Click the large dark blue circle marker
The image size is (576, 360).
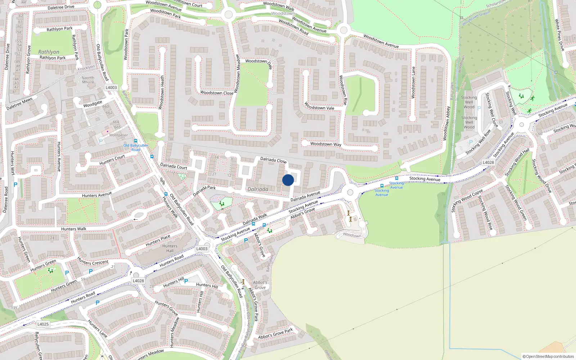[288, 180]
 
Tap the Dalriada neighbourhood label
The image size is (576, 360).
[258, 189]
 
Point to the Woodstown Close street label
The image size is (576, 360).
[217, 93]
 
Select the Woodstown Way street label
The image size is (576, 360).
[325, 144]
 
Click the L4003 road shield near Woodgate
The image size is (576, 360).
[111, 87]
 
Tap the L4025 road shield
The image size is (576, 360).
[43, 324]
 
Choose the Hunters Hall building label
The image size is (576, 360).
[170, 248]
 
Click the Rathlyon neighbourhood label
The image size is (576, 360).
[49, 52]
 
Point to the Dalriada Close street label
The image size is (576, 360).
[273, 160]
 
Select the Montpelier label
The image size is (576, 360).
[118, 135]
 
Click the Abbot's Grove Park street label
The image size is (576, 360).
[253, 304]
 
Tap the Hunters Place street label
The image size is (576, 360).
[158, 240]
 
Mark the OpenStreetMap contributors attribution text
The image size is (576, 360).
[548, 356]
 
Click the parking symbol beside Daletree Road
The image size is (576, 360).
[15, 185]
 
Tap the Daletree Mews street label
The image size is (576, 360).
[19, 104]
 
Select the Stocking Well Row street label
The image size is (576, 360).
[478, 142]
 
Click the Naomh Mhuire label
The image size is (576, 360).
[88, 80]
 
